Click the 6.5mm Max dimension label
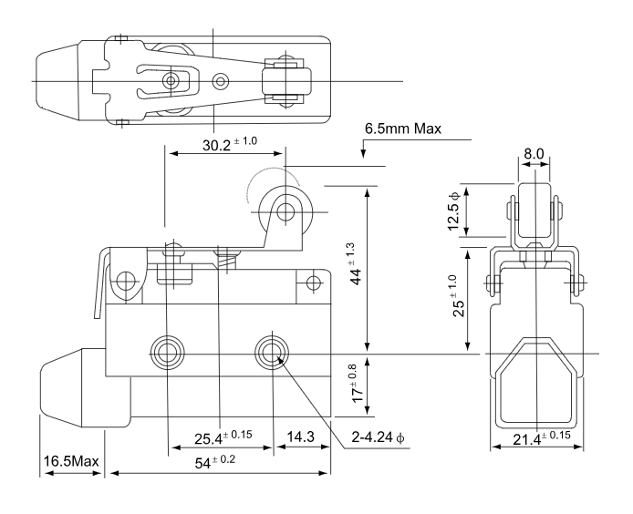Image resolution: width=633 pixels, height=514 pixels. coord(403,128)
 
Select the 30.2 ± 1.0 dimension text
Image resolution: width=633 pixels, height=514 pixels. coord(229,144)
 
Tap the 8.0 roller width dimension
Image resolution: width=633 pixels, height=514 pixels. coord(534,154)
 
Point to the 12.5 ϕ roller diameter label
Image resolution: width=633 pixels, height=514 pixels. coord(453,211)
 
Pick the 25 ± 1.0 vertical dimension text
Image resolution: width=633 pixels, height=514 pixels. coord(456,295)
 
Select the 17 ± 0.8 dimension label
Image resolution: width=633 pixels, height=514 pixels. coord(354,384)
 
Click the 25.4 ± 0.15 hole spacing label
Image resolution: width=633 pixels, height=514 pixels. coord(223,437)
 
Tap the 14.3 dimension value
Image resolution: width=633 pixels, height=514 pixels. coord(300,437)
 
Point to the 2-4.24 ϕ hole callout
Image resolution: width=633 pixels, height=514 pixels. coord(378,437)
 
